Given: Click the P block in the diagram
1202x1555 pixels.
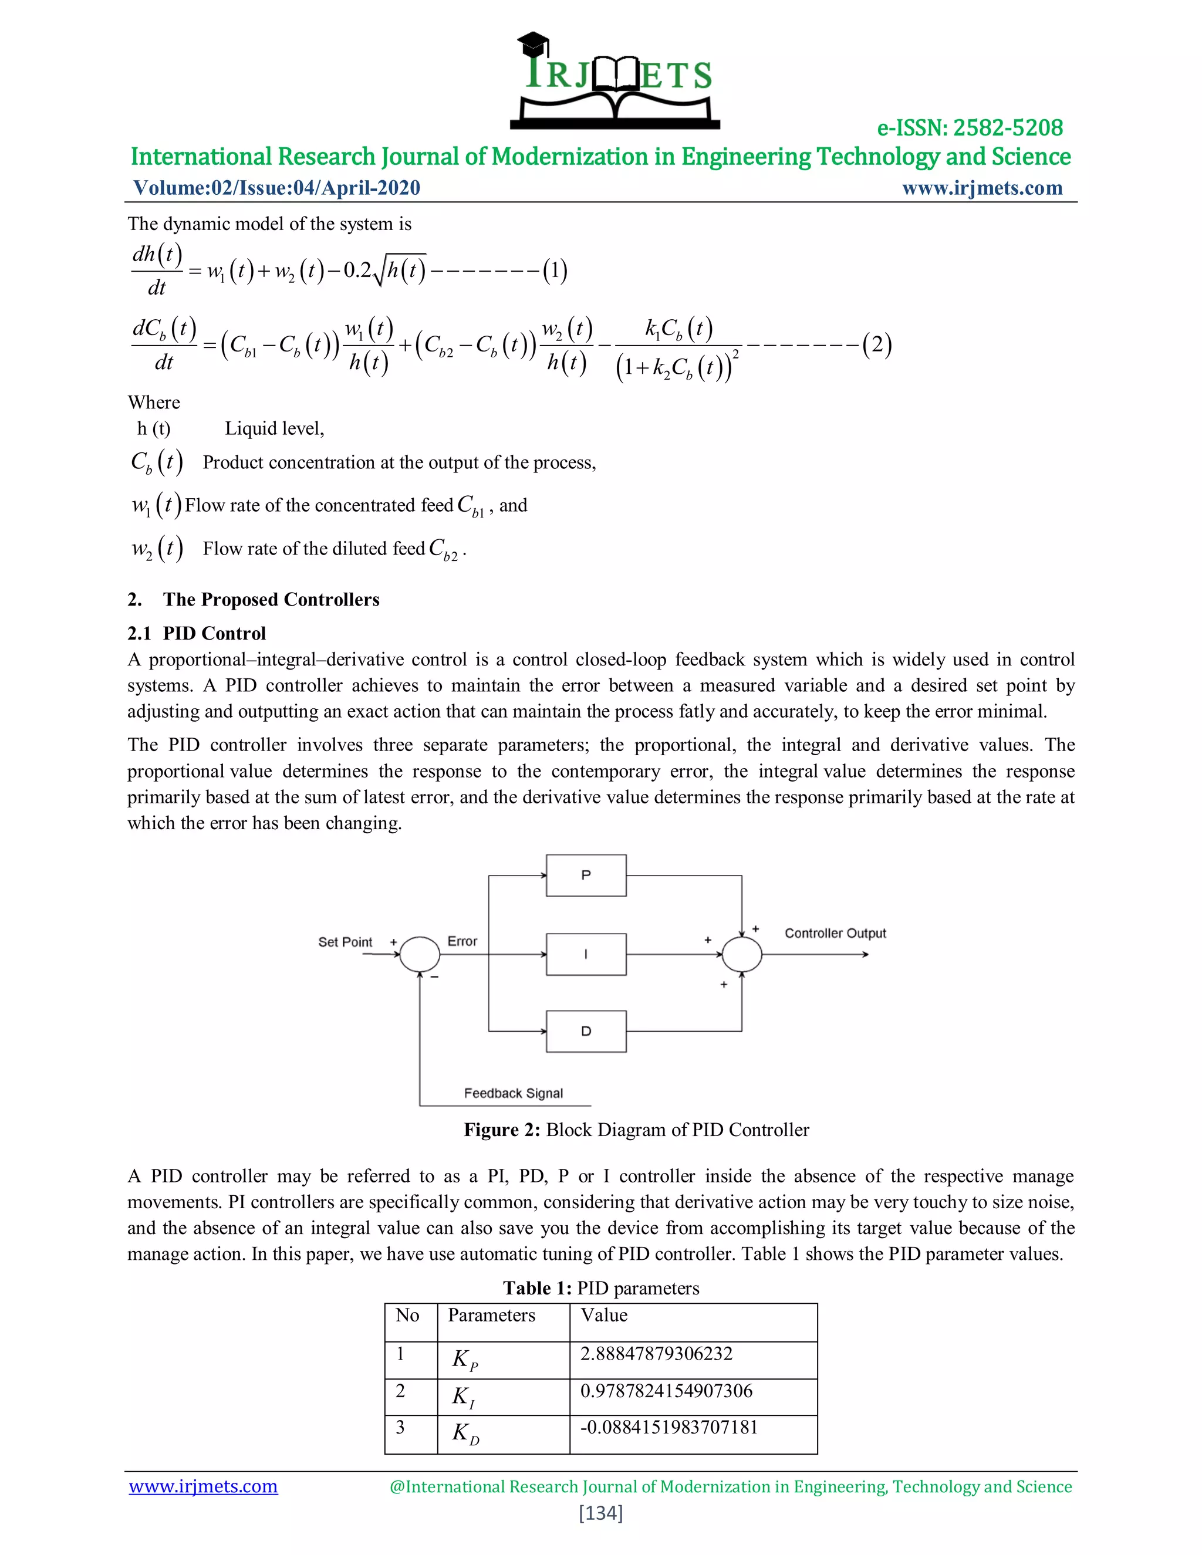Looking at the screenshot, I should coord(585,875).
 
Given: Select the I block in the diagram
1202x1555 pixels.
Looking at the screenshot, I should coord(585,954).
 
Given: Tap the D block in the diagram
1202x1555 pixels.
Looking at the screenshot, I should coord(585,1031).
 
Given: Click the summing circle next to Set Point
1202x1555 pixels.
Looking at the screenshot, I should coord(420,954).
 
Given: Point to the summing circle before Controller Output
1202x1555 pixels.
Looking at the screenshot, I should coord(741,954).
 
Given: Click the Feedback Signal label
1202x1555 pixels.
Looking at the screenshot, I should coord(513,1093).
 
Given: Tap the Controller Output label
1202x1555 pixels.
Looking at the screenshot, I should coord(835,934).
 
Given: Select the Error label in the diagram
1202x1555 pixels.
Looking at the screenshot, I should coord(461,941).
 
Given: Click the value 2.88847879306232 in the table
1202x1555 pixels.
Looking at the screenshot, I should coord(656,1354).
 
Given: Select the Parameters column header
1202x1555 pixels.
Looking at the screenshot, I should coord(491,1315).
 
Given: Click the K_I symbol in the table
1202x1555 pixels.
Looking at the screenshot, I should coord(463,1396).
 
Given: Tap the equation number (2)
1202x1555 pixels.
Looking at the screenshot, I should coord(877,344).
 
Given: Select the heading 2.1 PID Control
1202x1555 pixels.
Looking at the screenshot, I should coord(197,633).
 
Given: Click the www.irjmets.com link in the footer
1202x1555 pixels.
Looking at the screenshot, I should coord(203,1487).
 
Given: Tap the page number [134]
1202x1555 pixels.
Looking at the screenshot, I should coord(600,1513).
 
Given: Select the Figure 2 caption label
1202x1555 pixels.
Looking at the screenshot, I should coord(502,1130).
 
